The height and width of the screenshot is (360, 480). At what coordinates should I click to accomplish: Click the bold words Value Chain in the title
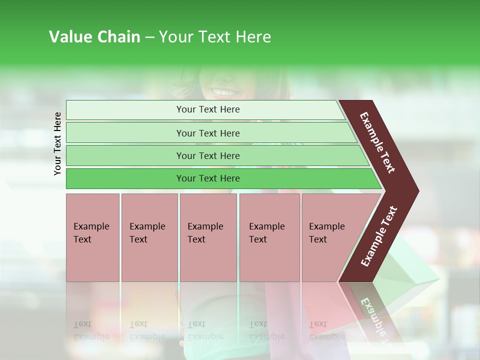94,37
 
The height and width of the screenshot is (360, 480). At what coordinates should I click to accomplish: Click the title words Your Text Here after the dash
215,37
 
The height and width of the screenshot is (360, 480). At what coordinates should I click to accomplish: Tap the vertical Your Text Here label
57,143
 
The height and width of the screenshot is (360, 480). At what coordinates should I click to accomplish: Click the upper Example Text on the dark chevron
377,142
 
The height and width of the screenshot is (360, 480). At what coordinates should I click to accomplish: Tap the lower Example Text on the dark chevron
379,236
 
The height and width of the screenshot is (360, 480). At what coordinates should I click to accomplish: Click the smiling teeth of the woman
224,92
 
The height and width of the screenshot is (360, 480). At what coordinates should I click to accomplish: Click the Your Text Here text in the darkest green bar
208,178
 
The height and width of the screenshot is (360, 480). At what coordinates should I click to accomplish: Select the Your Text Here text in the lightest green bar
208,109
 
